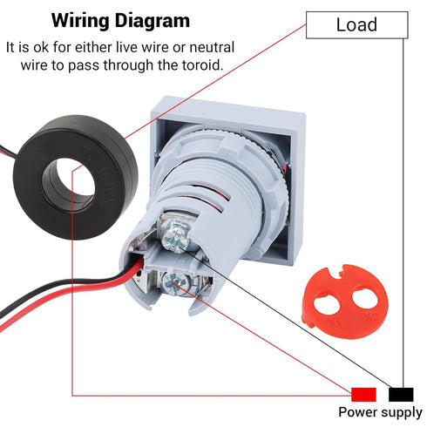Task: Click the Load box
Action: coord(357,25)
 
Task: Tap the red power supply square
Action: coord(363,395)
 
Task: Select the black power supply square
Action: coord(401,395)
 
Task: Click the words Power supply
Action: coord(380,412)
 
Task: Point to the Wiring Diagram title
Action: coord(120,21)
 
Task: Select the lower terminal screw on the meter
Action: coord(174,283)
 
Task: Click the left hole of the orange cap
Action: coord(325,303)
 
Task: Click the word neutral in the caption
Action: coord(212,47)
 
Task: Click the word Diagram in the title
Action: coord(152,21)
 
